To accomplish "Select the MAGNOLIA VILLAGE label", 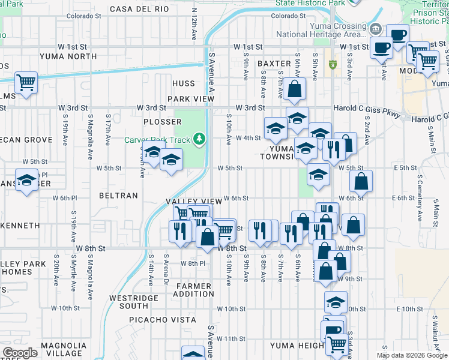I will tap(63, 349).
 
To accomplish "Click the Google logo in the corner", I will tap(20, 353).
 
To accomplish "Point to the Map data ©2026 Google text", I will tap(416, 355).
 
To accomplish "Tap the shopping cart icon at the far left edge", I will tap(26, 82).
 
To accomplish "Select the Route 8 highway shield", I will tap(333, 64).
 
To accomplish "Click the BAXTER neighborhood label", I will tap(274, 63).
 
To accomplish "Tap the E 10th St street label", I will tap(410, 308).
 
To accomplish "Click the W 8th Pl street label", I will tap(193, 263).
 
